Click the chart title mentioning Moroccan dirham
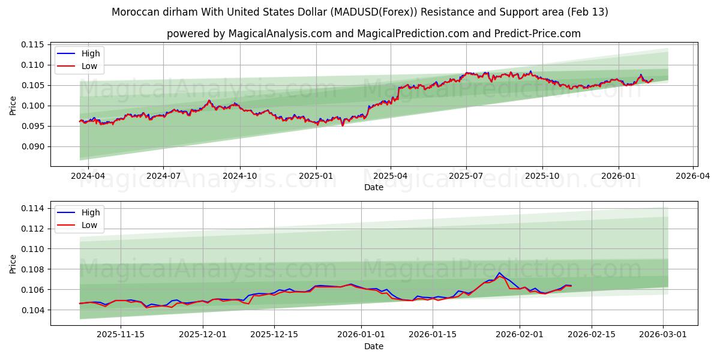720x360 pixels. point(359,12)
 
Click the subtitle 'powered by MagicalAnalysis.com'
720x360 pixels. point(373,34)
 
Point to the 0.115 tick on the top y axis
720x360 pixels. point(33,45)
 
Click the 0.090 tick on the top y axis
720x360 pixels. point(33,146)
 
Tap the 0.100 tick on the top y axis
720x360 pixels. point(33,106)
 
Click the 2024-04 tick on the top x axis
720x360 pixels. point(88,176)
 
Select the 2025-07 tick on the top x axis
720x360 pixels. point(466,176)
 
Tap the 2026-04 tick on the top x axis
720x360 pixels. point(693,176)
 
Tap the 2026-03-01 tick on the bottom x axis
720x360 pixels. point(663,335)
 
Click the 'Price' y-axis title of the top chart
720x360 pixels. point(13,106)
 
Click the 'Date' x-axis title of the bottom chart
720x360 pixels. point(373,346)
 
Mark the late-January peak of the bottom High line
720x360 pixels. point(499,273)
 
